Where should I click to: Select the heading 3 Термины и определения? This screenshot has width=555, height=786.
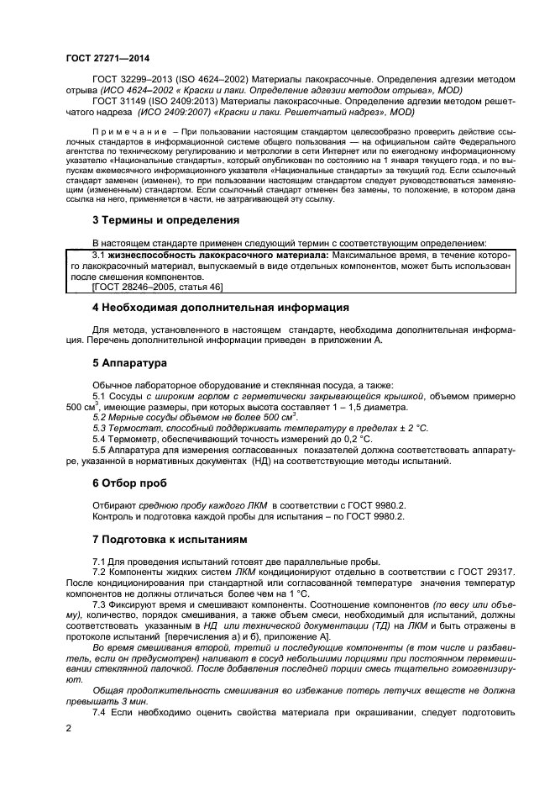tap(165, 220)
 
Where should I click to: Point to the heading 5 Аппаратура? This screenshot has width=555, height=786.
tap(129, 363)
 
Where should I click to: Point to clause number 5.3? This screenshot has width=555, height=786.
tap(99, 428)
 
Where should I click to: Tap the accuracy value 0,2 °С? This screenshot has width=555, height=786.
tap(355, 439)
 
